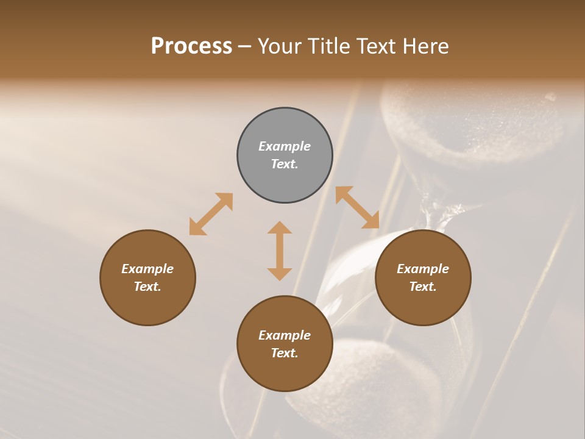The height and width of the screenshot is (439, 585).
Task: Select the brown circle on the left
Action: [147, 277]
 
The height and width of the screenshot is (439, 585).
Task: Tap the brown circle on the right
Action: [423, 277]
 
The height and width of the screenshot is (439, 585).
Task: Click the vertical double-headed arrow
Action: [280, 251]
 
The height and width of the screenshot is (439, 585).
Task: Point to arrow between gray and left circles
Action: [211, 214]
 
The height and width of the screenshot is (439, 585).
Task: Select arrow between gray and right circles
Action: [358, 208]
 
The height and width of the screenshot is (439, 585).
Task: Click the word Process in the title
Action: [191, 46]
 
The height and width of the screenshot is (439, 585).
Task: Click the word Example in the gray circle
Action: [285, 146]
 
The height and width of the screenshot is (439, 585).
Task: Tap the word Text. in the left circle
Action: [147, 287]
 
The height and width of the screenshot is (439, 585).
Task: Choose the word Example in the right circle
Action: [423, 269]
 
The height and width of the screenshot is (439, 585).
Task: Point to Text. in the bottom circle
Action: [285, 353]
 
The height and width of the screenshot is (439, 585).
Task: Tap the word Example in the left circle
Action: [147, 269]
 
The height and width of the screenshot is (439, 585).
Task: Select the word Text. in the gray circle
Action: [285, 164]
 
